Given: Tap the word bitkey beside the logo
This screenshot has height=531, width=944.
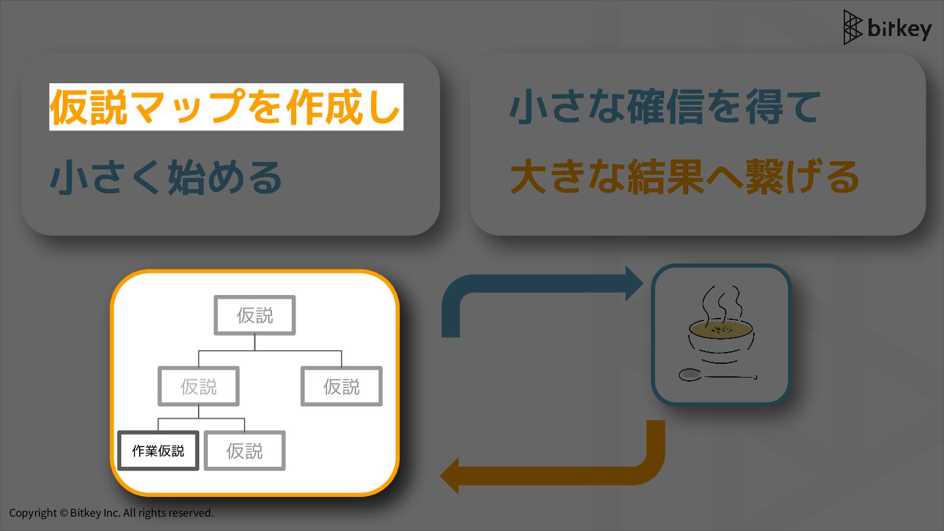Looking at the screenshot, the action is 899,29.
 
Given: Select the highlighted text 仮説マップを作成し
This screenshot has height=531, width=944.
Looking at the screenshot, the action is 226,107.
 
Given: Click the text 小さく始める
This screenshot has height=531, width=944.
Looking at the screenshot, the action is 166,177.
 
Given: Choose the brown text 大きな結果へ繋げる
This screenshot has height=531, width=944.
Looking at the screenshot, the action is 684,177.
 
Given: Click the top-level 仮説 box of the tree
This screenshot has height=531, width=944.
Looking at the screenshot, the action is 255,315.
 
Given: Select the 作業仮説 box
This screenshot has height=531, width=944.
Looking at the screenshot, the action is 158,451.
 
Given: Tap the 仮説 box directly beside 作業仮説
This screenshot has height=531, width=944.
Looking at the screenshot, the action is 245,451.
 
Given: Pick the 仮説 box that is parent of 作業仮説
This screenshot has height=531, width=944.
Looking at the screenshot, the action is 199,387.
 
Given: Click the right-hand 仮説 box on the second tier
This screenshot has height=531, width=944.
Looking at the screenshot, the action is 342,387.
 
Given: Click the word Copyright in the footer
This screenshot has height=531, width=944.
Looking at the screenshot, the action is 33,513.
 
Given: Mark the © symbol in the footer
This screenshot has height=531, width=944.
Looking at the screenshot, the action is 64,513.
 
